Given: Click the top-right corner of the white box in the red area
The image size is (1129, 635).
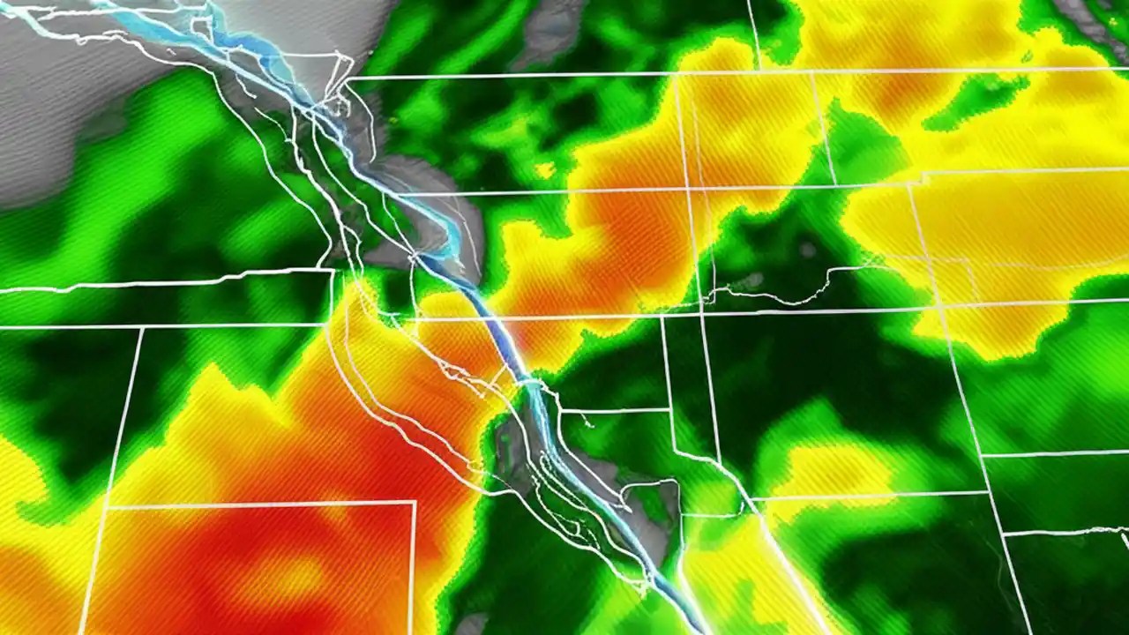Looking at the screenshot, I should click(415, 502).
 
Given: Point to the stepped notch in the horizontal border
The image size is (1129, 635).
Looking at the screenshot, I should click(917, 177).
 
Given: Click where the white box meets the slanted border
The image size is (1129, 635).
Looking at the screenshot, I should click(107, 507).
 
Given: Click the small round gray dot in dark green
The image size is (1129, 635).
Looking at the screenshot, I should click(808, 250).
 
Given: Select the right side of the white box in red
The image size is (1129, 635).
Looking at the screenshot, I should click(414, 564).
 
